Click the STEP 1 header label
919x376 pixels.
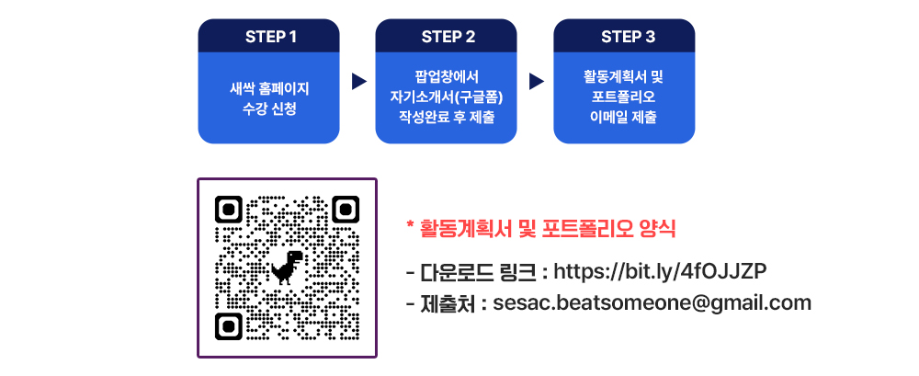[x=271, y=37]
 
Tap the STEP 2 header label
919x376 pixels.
[x=448, y=37]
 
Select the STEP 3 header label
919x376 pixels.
[x=629, y=37]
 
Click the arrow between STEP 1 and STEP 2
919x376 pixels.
[x=358, y=82]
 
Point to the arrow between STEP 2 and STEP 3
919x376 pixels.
[x=537, y=82]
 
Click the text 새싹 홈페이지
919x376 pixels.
[x=269, y=89]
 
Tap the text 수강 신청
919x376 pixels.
[x=269, y=109]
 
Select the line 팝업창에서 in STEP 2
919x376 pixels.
[x=447, y=76]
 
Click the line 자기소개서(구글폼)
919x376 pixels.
[x=447, y=97]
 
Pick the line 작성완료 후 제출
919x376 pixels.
[x=447, y=117]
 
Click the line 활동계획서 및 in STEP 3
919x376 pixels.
[x=623, y=76]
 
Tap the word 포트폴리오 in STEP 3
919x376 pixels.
[x=623, y=97]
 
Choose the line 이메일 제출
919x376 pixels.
[x=623, y=117]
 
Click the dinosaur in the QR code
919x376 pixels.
[x=287, y=268]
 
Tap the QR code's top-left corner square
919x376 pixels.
[x=229, y=209]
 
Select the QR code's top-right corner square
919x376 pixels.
[x=346, y=209]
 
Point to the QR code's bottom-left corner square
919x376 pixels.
[x=229, y=326]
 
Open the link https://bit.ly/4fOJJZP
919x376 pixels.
[x=660, y=271]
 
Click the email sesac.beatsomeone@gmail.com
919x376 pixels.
[x=652, y=303]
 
